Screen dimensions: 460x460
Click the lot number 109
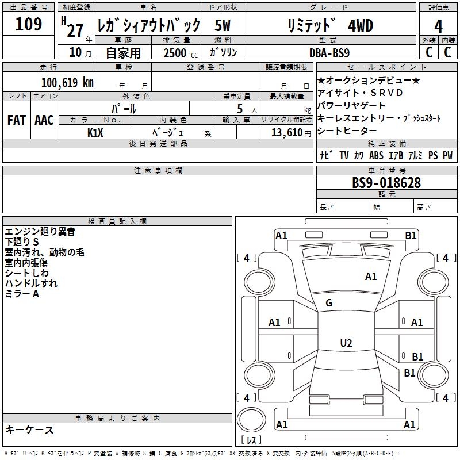29,25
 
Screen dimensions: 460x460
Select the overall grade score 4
439,26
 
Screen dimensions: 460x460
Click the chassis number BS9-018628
386,183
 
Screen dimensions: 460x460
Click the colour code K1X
95,132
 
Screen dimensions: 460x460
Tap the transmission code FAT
17,120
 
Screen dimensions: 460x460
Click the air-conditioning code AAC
44,120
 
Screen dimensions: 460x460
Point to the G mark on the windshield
329,303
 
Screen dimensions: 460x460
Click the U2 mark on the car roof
346,343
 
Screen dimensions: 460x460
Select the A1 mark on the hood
371,277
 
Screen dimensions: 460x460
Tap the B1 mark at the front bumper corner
411,235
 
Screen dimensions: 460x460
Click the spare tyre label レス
251,440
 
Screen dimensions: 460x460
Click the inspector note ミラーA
22,294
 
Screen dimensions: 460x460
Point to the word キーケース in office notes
30,430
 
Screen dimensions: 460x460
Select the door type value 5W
223,26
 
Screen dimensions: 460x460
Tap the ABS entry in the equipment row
376,155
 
